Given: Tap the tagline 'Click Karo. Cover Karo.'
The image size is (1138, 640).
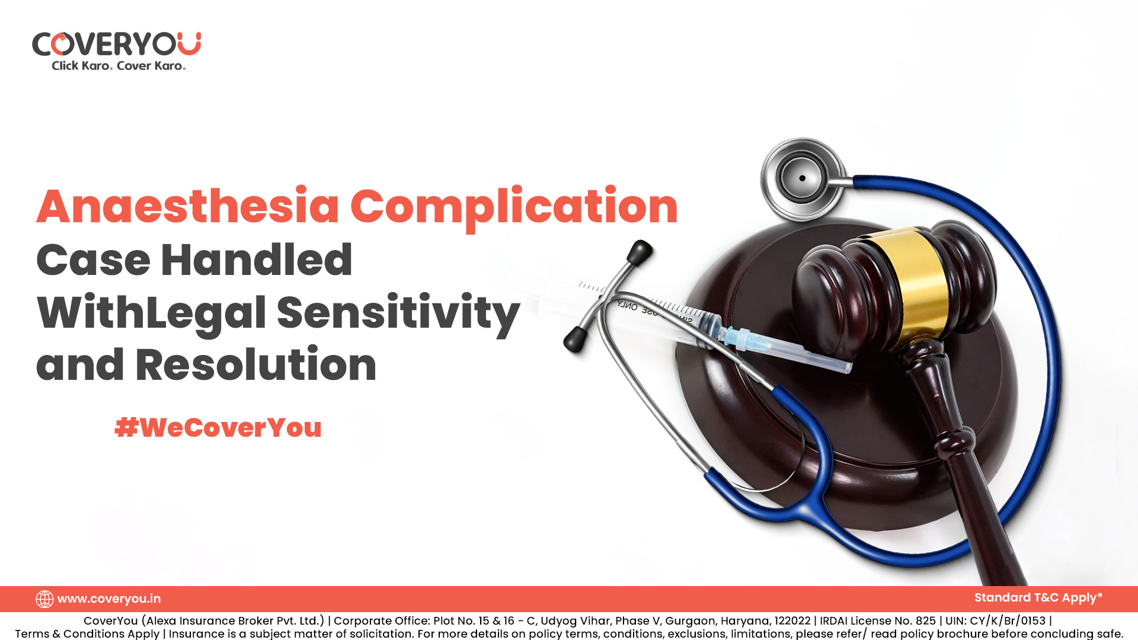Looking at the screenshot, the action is coord(119,66).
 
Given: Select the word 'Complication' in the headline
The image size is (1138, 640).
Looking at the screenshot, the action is coord(514,209).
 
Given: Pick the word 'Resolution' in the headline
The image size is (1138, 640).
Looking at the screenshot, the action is coord(256,364).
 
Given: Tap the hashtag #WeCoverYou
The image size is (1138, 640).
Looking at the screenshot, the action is coord(218,427).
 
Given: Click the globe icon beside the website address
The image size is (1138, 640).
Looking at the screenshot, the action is coord(44,599).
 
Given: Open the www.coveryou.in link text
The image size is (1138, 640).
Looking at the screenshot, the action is coord(109,599).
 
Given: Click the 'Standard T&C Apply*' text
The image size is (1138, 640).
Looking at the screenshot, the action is coord(1038,598).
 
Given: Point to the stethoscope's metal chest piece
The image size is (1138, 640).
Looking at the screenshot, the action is coord(803,178).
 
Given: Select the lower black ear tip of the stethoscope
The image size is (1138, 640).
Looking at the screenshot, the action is coord(575,338).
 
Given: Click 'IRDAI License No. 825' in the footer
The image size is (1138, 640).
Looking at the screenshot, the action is coord(878,620).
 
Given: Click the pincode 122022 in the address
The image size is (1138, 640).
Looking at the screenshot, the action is coord(792,620).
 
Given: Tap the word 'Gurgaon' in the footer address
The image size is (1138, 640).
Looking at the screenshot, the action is coord(690,621).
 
